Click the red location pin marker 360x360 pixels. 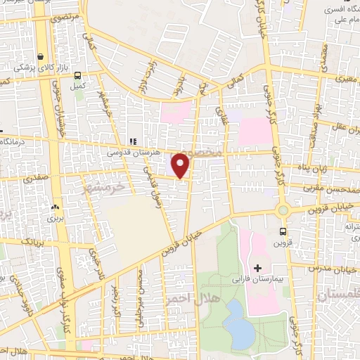tap(181, 165)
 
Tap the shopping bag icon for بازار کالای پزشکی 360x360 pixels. tap(41, 56)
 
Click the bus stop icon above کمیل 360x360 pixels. tap(77, 75)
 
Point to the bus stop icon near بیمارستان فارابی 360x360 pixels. tap(283, 231)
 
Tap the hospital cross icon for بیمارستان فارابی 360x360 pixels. tap(257, 268)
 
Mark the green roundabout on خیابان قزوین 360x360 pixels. tap(284, 210)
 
